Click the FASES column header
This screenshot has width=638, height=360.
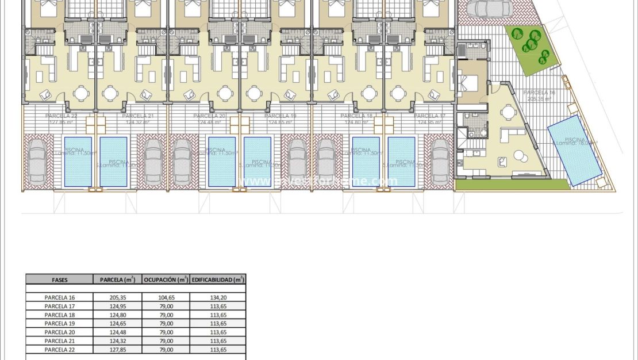(59, 280)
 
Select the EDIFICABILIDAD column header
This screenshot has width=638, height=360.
(218, 280)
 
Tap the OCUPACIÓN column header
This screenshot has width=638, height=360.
(166, 280)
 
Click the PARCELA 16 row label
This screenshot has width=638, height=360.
(60, 297)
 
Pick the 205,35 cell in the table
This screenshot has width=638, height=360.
(117, 297)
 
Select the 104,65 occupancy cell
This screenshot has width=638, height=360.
(166, 297)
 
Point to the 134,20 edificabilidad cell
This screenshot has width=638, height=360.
(218, 297)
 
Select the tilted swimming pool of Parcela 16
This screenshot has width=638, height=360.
(575, 150)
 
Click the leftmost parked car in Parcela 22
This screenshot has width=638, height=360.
(38, 162)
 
